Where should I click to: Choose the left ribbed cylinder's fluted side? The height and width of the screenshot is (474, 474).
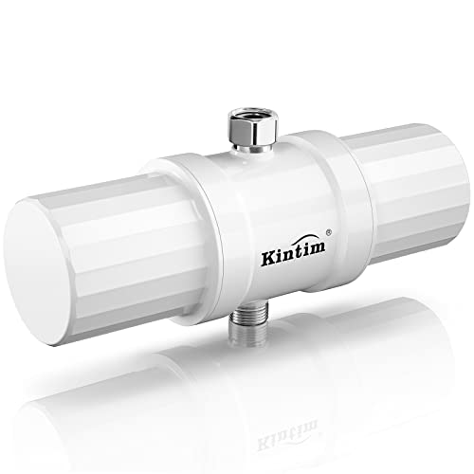(x=142, y=237)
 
